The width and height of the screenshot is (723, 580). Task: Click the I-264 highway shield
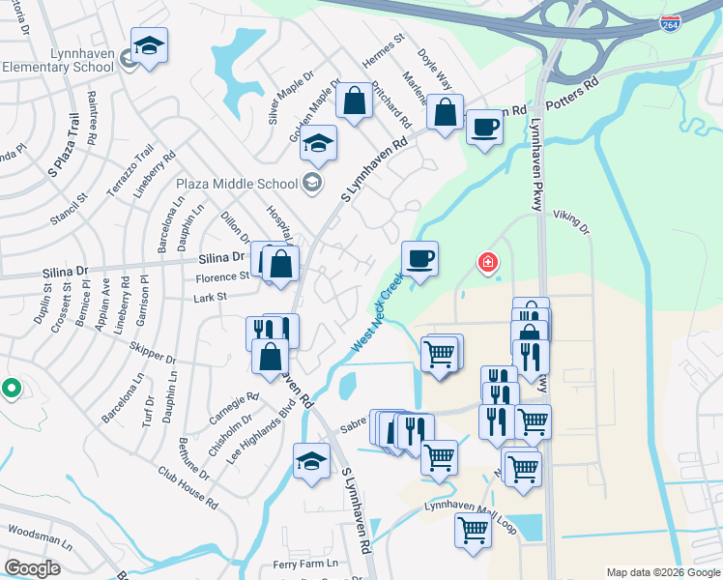[670, 22]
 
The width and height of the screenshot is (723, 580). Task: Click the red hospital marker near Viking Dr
[488, 262]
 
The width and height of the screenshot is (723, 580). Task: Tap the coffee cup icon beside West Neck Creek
[419, 259]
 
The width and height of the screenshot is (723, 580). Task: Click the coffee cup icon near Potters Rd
[484, 126]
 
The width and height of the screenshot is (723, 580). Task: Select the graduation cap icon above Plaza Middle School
[318, 143]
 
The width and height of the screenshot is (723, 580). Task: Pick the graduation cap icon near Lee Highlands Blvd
[312, 460]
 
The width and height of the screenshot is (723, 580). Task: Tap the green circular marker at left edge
[12, 389]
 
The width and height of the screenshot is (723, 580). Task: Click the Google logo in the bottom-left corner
[32, 567]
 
